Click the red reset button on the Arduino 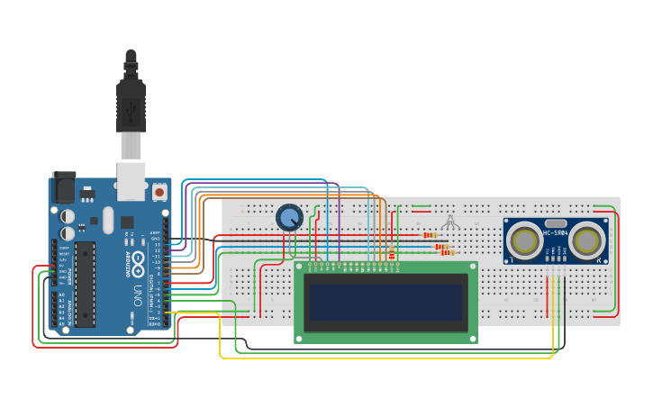click(159, 192)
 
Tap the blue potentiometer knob click(288, 217)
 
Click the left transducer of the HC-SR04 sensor click(523, 240)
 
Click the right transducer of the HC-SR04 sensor click(587, 240)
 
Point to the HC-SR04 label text click(556, 233)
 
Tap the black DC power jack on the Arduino click(64, 187)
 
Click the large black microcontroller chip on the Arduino click(85, 283)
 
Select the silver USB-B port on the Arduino click(131, 179)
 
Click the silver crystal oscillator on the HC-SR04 click(556, 222)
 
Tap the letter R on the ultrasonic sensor click(598, 260)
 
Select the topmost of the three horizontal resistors click(430, 235)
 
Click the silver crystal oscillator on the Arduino click(108, 219)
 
